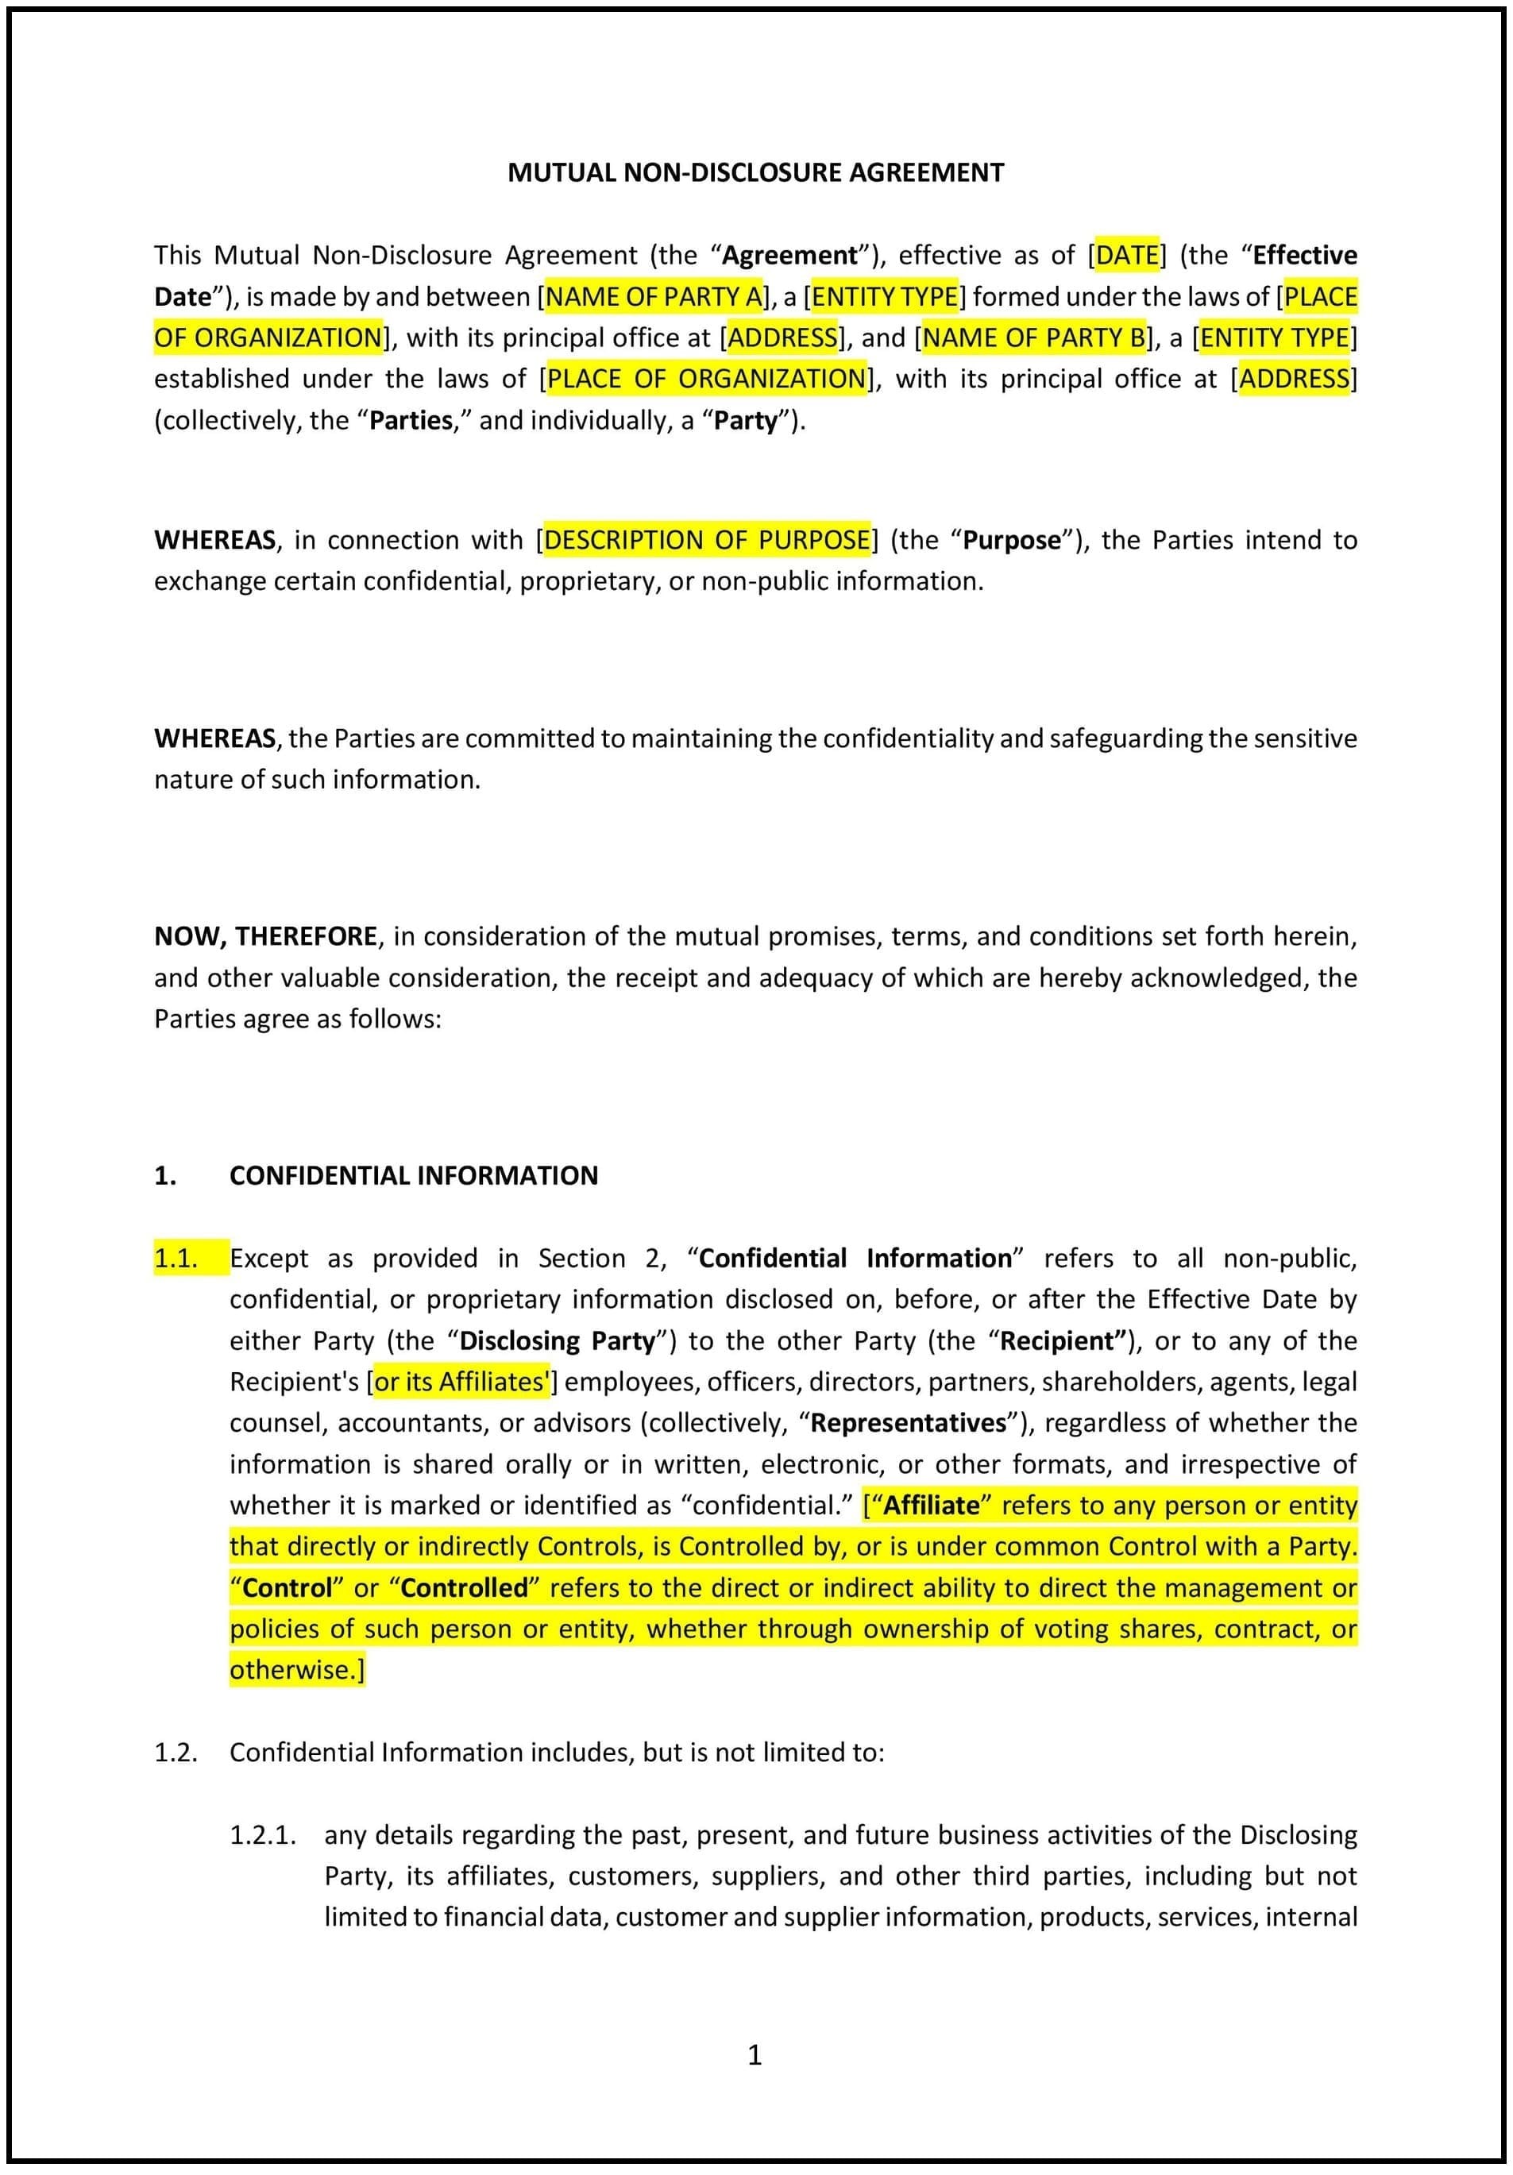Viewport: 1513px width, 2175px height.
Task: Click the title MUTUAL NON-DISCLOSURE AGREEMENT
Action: click(x=755, y=172)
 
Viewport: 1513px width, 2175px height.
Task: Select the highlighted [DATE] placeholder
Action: click(x=1126, y=255)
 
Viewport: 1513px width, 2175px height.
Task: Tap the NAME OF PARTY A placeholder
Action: click(x=654, y=296)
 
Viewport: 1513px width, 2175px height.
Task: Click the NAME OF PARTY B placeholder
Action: click(x=1032, y=337)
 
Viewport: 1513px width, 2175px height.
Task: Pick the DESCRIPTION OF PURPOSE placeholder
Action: click(x=707, y=540)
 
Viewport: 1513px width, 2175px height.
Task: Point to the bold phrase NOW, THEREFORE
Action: click(x=265, y=936)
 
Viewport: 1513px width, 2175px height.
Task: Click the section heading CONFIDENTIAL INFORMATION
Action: click(x=413, y=1175)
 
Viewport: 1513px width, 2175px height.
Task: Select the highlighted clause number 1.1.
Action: click(x=176, y=1258)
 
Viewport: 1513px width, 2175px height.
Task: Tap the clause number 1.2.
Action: click(x=176, y=1752)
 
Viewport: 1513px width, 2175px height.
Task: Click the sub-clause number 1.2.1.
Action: click(x=262, y=1835)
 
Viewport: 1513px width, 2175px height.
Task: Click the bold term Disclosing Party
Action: click(x=557, y=1340)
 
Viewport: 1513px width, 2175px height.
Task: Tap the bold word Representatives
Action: click(x=909, y=1423)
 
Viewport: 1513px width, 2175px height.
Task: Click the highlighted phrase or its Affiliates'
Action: click(x=461, y=1381)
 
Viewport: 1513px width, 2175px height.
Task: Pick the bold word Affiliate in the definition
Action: click(x=932, y=1506)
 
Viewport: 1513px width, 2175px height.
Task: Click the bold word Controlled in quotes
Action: click(x=465, y=1587)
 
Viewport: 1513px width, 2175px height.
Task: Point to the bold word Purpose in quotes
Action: click(x=1012, y=540)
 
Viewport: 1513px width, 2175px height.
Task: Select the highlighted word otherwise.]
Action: click(x=296, y=1669)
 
